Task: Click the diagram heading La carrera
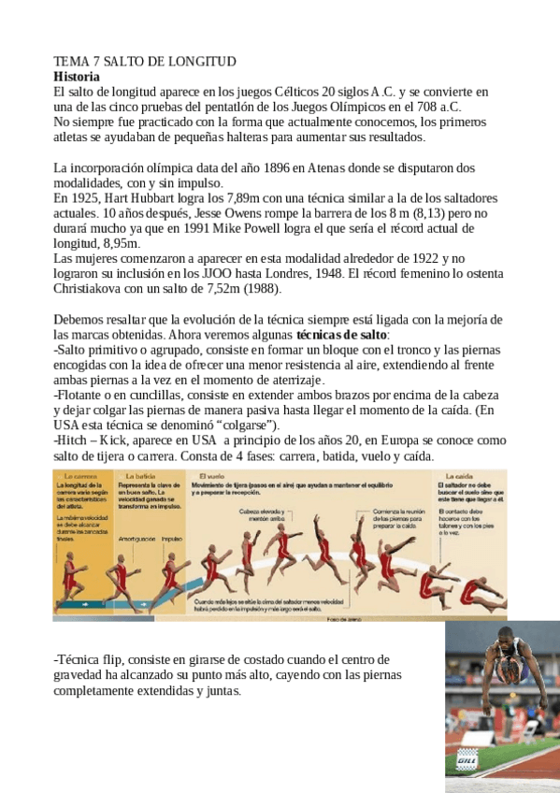point(78,476)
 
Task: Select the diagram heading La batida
point(139,476)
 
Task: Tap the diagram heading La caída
point(452,476)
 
